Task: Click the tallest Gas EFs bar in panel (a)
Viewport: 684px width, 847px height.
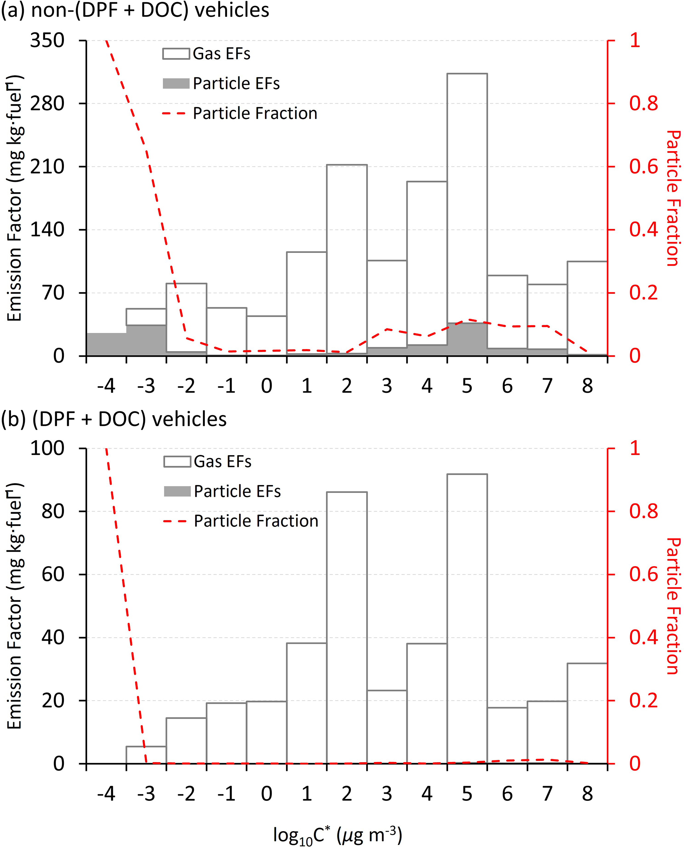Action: point(467,197)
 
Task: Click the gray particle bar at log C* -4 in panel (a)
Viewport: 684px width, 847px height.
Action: point(106,344)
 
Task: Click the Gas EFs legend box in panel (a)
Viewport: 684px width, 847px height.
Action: point(176,54)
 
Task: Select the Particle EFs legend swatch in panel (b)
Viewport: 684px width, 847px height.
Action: point(177,491)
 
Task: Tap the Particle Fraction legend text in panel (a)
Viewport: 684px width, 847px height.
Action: point(255,113)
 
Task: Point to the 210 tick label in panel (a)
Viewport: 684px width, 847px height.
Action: point(47,167)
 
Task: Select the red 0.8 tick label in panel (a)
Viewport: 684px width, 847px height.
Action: point(643,103)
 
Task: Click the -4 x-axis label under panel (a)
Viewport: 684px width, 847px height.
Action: point(106,386)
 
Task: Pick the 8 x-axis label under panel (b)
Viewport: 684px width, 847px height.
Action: point(587,794)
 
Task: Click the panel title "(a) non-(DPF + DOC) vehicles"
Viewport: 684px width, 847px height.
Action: point(135,10)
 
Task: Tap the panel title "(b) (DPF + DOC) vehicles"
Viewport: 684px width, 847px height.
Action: point(114,419)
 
